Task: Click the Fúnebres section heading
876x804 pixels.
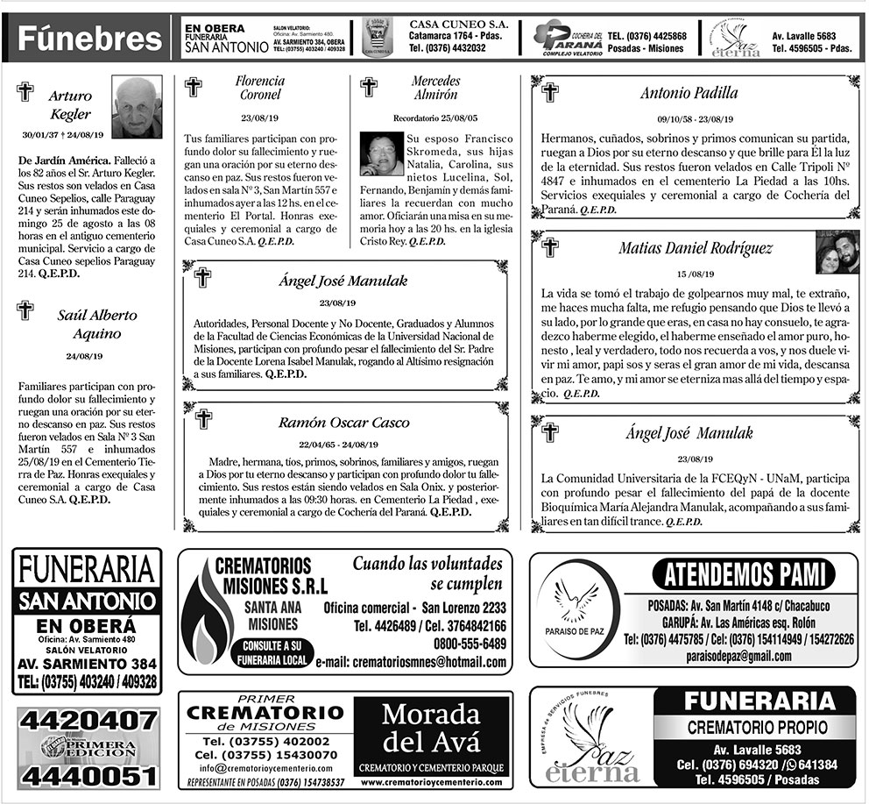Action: point(90,39)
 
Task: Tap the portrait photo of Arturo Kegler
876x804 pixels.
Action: point(137,107)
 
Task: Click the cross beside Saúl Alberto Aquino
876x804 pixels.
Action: point(25,310)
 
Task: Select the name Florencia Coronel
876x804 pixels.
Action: point(259,88)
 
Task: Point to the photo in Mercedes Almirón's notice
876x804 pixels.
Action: point(381,153)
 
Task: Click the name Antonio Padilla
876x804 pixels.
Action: point(689,93)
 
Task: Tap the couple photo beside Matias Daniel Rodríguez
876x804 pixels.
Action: point(837,253)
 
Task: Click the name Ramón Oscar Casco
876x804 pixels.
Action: point(343,423)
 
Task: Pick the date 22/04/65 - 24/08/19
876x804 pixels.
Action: point(338,445)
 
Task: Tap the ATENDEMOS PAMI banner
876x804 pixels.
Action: point(744,576)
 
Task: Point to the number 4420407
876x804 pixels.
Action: point(88,721)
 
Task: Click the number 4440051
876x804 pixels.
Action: point(88,776)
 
